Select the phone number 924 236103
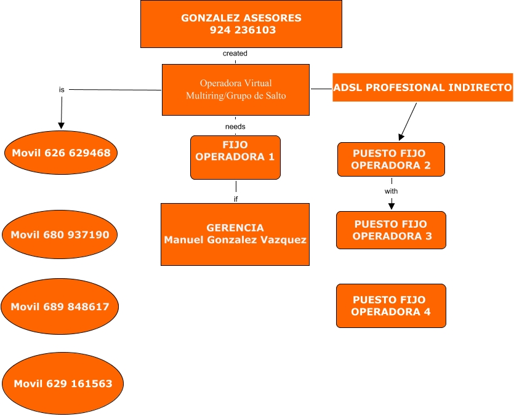pos(241,30)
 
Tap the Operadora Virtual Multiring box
pos(235,89)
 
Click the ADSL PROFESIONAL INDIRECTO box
pos(422,87)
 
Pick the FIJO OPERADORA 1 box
pos(235,151)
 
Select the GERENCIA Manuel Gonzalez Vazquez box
pos(235,234)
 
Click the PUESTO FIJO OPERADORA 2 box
pos(391,159)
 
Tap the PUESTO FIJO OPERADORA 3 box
pos(390,230)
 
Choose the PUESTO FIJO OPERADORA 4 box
pos(390,306)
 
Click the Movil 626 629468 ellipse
pos(60,153)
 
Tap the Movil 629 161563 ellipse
pos(63,384)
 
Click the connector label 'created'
pos(235,54)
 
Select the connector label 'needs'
pos(235,126)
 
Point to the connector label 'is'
pos(62,89)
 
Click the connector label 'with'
pos(391,191)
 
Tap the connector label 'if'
pos(235,199)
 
